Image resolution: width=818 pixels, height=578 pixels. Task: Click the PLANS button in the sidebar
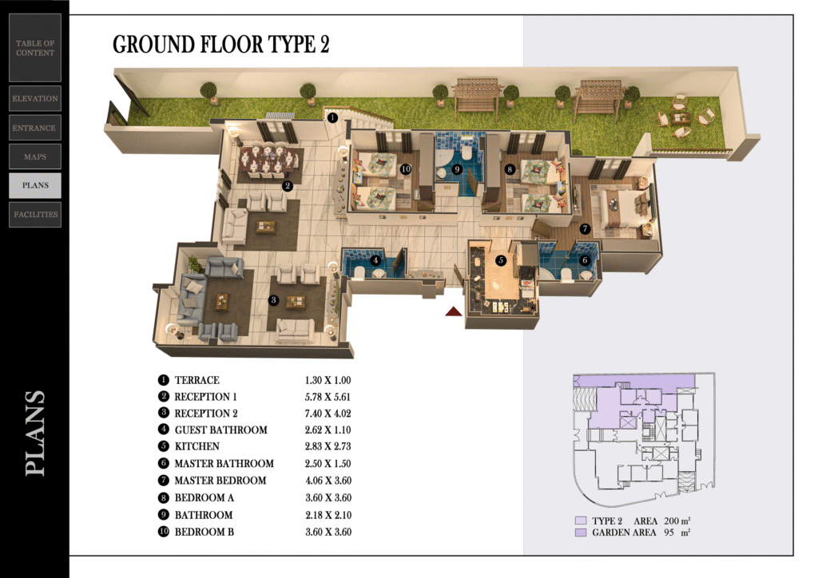[35, 185]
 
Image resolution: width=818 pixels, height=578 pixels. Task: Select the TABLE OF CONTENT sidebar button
[35, 48]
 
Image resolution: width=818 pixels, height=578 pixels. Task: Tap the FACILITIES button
[35, 214]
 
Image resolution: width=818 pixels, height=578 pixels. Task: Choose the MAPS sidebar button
[35, 156]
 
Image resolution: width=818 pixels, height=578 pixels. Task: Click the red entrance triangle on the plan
[454, 311]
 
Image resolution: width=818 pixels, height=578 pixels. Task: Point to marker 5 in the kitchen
[501, 260]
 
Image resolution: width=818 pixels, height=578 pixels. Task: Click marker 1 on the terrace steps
[332, 118]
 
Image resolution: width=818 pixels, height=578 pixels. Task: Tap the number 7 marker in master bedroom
[585, 228]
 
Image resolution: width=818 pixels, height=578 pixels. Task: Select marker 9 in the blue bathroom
[457, 169]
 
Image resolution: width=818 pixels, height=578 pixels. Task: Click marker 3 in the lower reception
[273, 300]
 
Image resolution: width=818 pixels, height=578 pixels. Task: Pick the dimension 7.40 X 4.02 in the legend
[328, 414]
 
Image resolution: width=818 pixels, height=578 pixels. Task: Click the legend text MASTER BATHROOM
[224, 463]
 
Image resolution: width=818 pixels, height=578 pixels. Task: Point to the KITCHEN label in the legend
[197, 446]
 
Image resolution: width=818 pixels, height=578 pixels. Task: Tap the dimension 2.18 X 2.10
[328, 515]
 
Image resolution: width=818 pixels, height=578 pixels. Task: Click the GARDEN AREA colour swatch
[581, 532]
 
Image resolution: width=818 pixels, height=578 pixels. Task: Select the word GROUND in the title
[153, 45]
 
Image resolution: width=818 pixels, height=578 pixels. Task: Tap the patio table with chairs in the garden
[681, 119]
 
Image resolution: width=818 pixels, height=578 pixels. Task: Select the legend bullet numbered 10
[164, 532]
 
